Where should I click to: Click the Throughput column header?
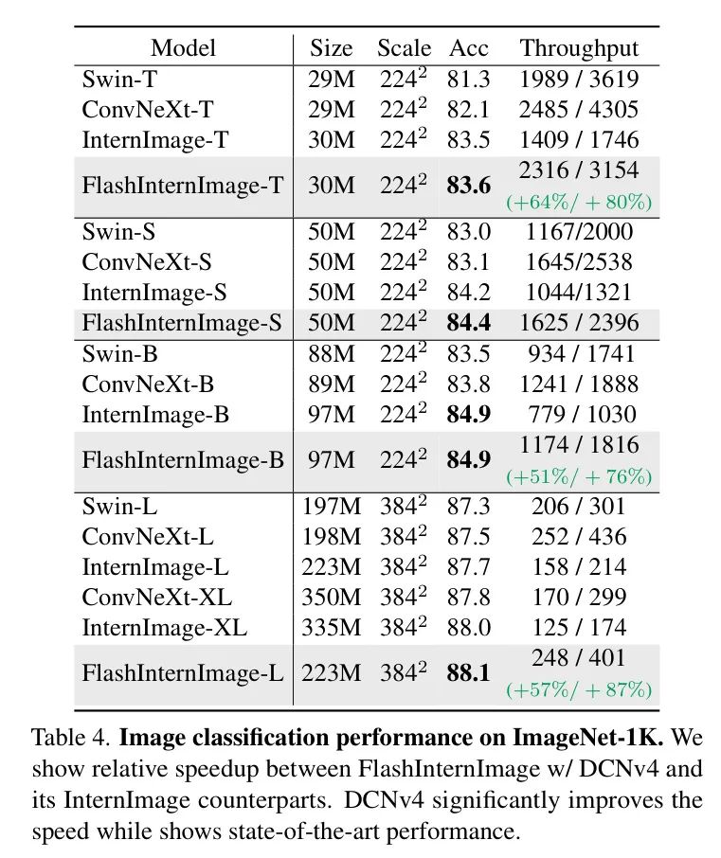pyautogui.click(x=579, y=48)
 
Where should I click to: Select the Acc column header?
pyautogui.click(x=468, y=48)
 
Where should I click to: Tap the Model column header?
pyautogui.click(x=183, y=48)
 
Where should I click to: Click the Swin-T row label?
pyautogui.click(x=119, y=80)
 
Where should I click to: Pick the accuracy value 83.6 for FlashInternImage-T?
pyautogui.click(x=468, y=186)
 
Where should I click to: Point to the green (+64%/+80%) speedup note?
pyautogui.click(x=579, y=202)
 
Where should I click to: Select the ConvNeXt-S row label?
pyautogui.click(x=147, y=262)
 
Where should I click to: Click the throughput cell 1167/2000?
pyautogui.click(x=579, y=232)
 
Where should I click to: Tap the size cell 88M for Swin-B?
pyautogui.click(x=331, y=354)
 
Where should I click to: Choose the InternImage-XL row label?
pyautogui.click(x=165, y=628)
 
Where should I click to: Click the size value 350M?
pyautogui.click(x=331, y=598)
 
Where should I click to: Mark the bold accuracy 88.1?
pyautogui.click(x=468, y=673)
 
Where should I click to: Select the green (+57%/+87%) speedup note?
pyautogui.click(x=579, y=690)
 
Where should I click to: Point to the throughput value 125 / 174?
pyautogui.click(x=579, y=628)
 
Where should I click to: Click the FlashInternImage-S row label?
pyautogui.click(x=182, y=323)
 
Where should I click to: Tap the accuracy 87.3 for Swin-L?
pyautogui.click(x=468, y=506)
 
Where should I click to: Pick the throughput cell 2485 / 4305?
pyautogui.click(x=579, y=110)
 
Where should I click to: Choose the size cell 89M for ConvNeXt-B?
pyautogui.click(x=331, y=384)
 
